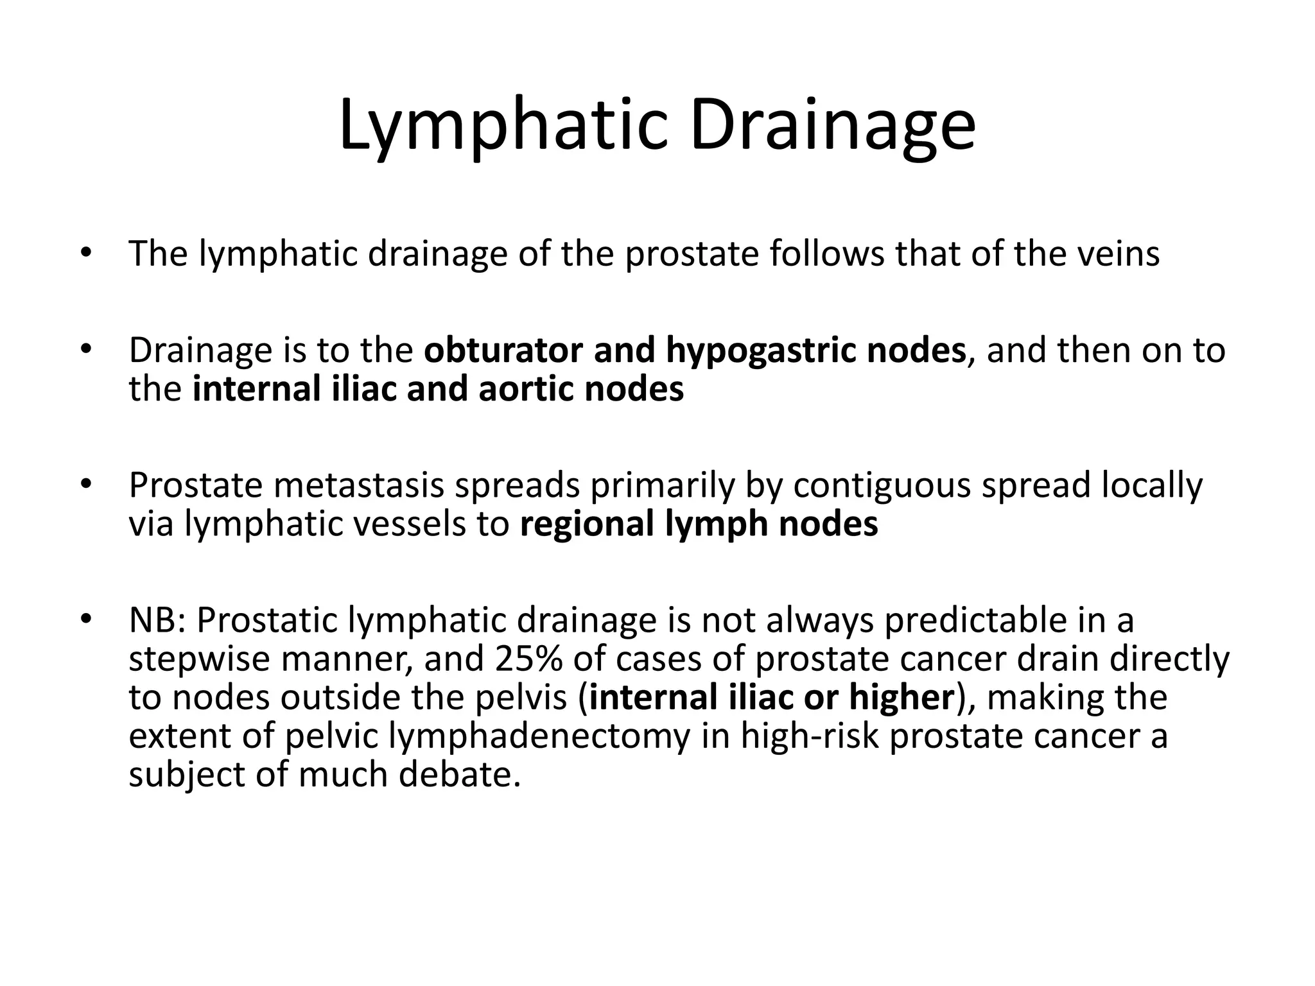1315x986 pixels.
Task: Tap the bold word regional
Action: (x=587, y=525)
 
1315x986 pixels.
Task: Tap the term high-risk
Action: (x=809, y=737)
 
